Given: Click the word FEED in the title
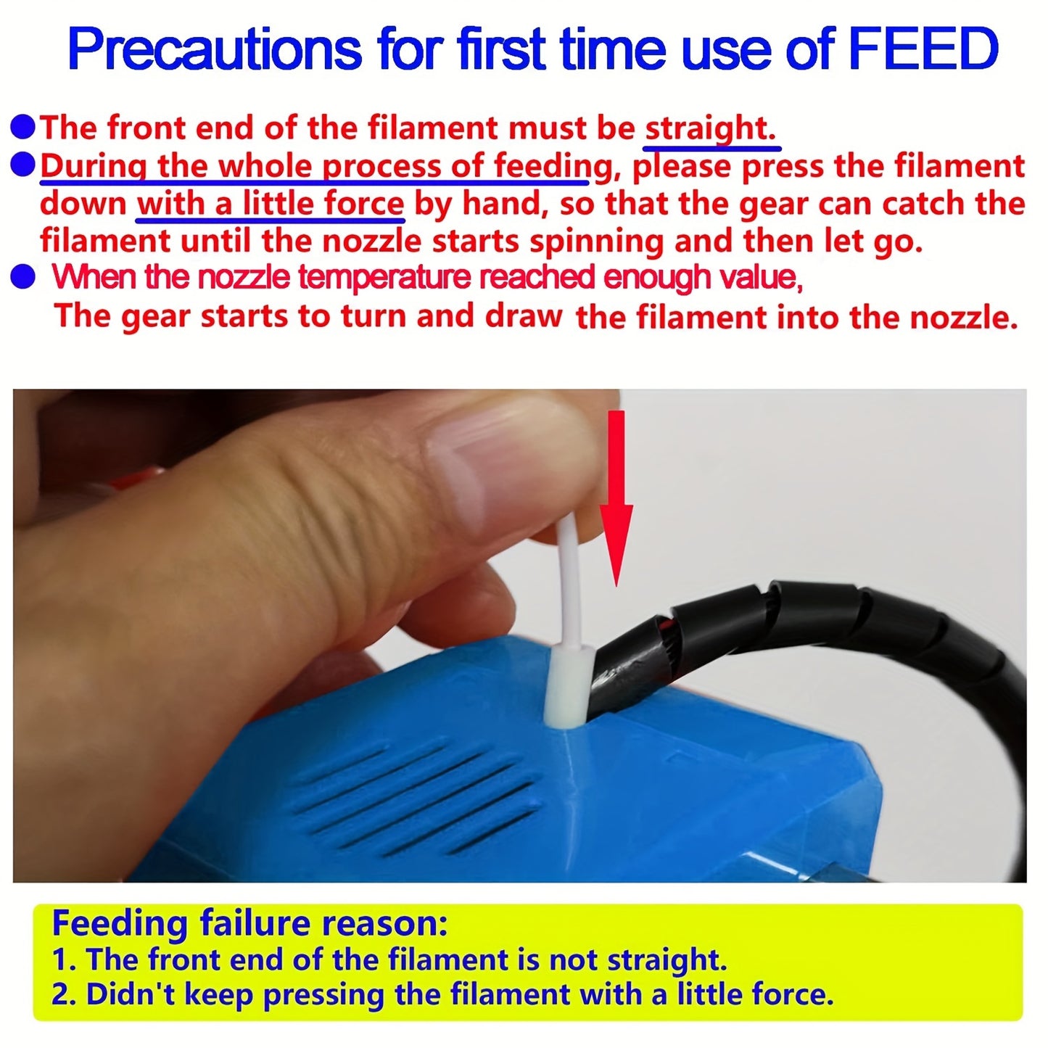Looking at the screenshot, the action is tap(923, 49).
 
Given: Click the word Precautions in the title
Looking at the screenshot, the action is tap(215, 49).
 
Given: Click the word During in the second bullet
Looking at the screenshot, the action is tap(94, 166).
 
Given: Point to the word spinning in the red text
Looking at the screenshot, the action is tap(596, 242).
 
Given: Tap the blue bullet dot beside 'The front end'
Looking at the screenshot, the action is tap(22, 128).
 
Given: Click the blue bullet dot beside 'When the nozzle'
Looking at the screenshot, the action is tap(22, 278).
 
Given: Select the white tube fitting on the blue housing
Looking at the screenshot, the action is tap(569, 685).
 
